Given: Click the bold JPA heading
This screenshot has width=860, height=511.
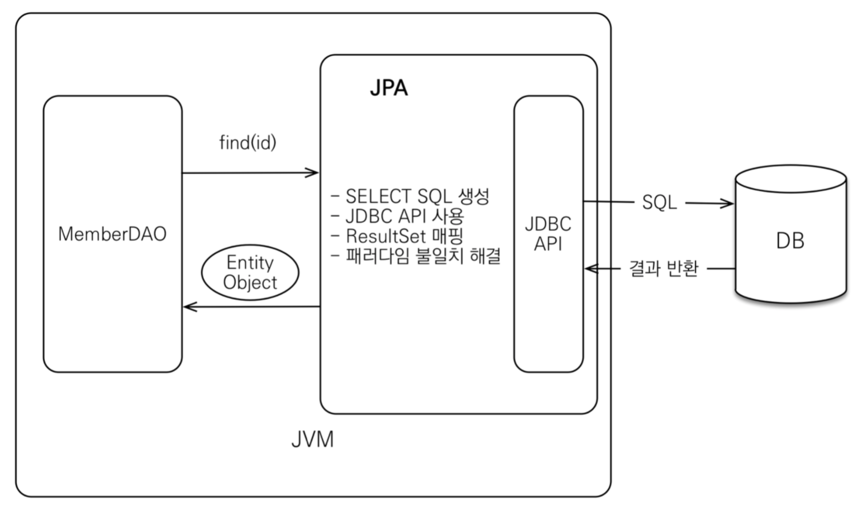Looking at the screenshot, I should click(388, 88).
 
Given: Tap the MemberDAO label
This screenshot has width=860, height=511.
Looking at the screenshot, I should click(112, 234).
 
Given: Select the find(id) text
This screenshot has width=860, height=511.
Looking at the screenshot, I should click(247, 143).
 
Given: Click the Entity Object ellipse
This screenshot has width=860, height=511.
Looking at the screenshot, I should click(250, 273).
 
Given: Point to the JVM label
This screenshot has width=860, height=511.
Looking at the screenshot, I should click(312, 440).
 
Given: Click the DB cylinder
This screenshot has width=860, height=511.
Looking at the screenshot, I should click(790, 241).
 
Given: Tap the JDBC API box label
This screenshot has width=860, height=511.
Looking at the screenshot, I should click(548, 233).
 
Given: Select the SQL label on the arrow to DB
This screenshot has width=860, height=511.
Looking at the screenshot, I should click(659, 202).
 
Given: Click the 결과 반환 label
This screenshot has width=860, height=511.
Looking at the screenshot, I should click(663, 269).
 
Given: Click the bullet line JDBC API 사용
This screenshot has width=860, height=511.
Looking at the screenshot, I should click(397, 216).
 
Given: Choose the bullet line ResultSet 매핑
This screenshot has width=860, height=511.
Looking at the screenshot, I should click(397, 236).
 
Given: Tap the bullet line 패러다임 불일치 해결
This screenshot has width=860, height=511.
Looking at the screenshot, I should click(416, 256).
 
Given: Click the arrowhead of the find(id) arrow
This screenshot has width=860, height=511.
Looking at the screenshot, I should click(313, 173).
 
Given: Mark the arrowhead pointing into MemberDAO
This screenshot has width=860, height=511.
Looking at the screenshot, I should click(189, 306).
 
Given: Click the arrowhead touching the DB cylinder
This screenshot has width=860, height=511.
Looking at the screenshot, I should click(728, 204).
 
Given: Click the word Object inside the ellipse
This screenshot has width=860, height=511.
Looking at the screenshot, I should click(250, 283).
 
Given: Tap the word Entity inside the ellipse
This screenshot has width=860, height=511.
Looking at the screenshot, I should click(250, 262).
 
